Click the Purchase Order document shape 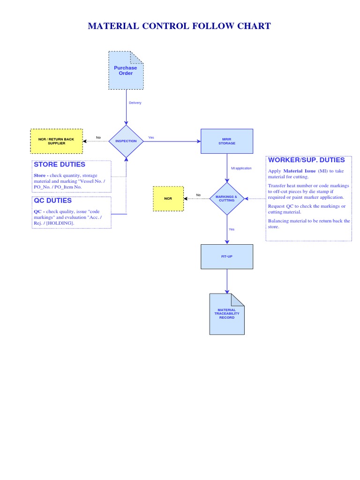[126, 70]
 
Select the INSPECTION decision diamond [126, 141]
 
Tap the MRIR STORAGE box [227, 141]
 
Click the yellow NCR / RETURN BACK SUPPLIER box [56, 141]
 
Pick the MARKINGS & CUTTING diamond [227, 199]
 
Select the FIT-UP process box [227, 256]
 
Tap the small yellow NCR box [168, 199]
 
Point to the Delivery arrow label [135, 103]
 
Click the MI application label [241, 168]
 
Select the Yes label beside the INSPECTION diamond [151, 137]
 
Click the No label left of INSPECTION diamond [98, 137]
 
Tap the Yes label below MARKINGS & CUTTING [232, 229]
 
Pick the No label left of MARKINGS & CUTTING [198, 195]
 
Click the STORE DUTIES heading [60, 165]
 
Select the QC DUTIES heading [52, 201]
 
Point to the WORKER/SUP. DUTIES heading [306, 160]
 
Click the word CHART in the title [251, 26]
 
